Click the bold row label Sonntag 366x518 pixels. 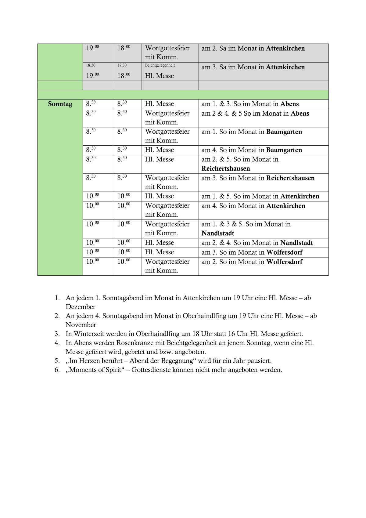60,104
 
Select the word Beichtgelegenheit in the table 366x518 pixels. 160,65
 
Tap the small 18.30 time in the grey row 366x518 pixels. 91,65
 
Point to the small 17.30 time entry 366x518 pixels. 122,65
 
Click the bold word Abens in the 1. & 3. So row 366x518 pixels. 289,104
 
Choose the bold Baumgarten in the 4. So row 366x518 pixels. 284,150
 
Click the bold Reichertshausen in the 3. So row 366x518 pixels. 290,178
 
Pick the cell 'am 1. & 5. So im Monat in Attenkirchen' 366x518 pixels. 260,196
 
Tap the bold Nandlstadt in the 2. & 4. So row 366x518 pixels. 296,243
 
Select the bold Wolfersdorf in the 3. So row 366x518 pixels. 284,252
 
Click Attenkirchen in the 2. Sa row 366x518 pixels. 285,48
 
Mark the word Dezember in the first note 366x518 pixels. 81,307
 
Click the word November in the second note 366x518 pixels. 81,325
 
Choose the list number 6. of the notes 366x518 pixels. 57,370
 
